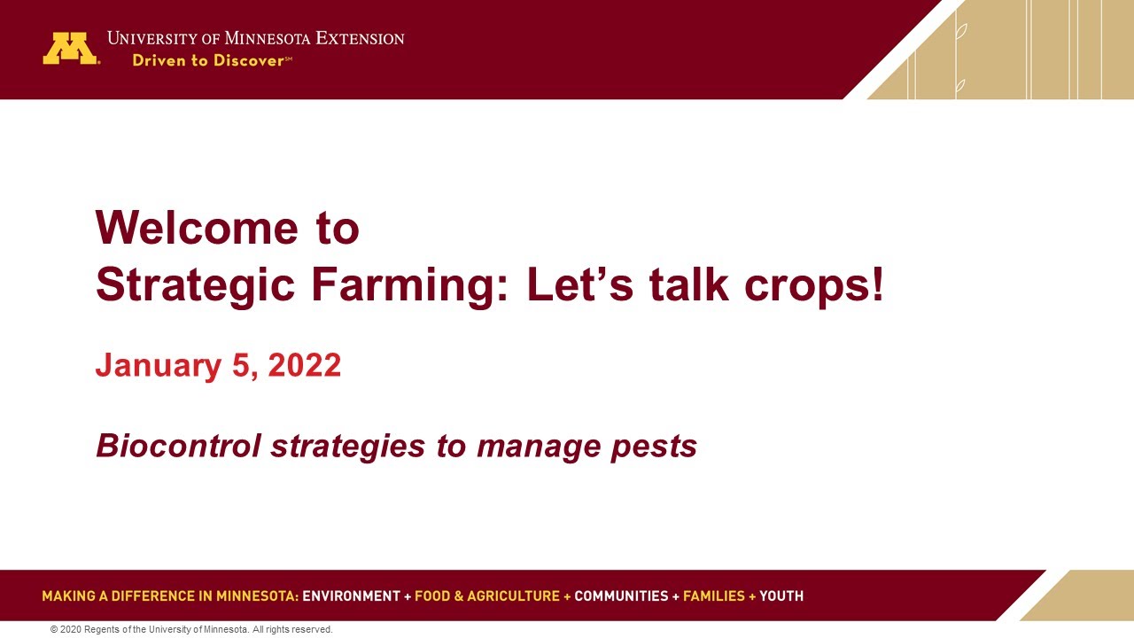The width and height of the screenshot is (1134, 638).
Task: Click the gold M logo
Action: click(70, 49)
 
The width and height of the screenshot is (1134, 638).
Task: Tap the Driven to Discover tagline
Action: click(211, 61)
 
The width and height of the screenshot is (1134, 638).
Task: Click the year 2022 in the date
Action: click(304, 366)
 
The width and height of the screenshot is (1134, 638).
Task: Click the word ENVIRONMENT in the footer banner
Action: click(351, 596)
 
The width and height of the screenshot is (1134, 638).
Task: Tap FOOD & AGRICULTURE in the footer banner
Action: click(486, 596)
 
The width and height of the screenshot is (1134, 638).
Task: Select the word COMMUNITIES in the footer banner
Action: click(621, 596)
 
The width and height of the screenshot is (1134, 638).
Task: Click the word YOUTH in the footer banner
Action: click(781, 596)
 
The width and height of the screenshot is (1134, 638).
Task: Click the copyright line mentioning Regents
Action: click(191, 630)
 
